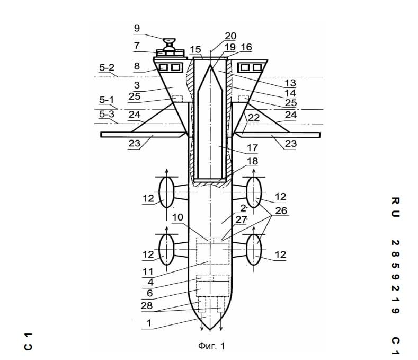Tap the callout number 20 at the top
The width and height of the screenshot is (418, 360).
(230, 36)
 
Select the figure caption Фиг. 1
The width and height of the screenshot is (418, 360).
(211, 346)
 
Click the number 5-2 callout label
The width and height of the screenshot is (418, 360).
(106, 68)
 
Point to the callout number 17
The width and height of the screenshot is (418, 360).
(252, 147)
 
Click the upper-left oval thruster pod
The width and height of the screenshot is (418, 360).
(166, 192)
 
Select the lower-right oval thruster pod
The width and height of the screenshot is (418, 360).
(254, 250)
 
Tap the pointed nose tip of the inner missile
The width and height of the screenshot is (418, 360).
(210, 65)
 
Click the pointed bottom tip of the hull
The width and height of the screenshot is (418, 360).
(210, 330)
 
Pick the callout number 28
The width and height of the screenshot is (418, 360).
(147, 305)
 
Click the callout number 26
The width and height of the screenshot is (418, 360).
(281, 211)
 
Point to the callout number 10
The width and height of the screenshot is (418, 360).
(177, 217)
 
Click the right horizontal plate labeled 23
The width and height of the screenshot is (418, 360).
(277, 135)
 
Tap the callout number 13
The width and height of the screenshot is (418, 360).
(290, 83)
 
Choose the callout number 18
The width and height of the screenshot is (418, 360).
(252, 161)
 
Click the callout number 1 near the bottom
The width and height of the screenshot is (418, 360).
(149, 323)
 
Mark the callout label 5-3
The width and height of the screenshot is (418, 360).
(106, 114)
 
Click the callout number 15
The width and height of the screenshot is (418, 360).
(195, 49)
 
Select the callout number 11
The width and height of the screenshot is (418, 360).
(148, 271)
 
